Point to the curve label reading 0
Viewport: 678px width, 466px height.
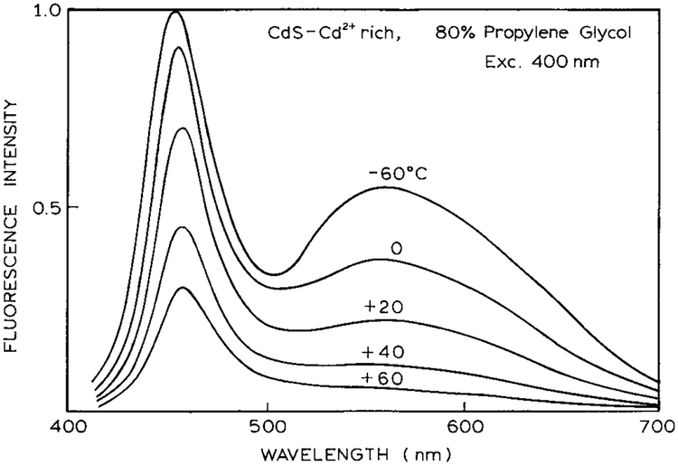pyautogui.click(x=395, y=247)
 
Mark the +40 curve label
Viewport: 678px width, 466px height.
pyautogui.click(x=380, y=351)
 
